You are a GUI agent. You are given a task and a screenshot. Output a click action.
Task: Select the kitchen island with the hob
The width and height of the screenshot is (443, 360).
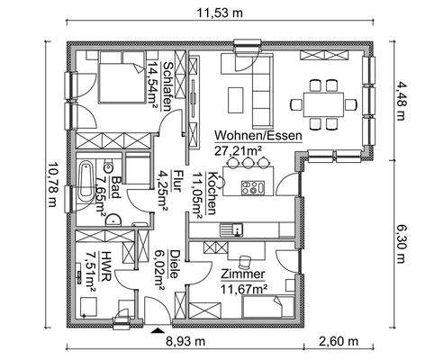tap(251, 188)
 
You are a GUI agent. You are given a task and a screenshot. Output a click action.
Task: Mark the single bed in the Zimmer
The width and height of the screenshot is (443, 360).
tap(270, 310)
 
